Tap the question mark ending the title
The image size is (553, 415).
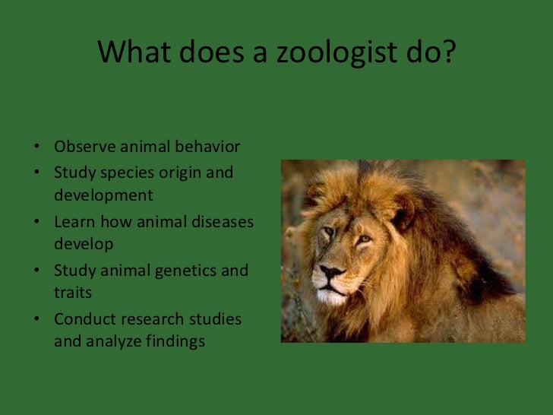(x=447, y=52)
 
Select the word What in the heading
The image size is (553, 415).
(x=132, y=52)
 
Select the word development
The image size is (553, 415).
(x=103, y=196)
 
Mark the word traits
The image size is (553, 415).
(x=73, y=293)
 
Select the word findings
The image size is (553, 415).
(x=175, y=342)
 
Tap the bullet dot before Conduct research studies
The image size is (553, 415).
(x=37, y=319)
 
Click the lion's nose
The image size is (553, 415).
(x=332, y=270)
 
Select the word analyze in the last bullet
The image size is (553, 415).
(x=112, y=342)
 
